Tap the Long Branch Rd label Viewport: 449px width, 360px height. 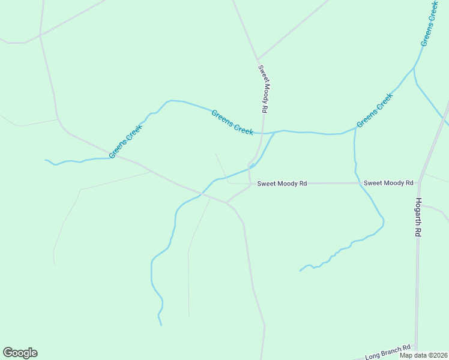coord(388,352)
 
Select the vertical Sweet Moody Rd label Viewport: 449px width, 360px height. coord(262,89)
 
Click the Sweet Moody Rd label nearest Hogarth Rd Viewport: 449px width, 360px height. coord(388,182)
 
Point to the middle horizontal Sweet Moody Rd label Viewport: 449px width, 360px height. coord(282,183)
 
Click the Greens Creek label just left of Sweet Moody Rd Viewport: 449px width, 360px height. coord(232,122)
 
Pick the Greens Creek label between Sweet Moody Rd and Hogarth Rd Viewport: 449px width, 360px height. coord(375,110)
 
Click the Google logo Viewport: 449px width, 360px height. coord(20,353)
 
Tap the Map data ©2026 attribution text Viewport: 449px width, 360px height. coord(424,355)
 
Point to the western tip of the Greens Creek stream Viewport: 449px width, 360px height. coord(46,160)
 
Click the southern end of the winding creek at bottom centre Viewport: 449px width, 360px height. coord(161,325)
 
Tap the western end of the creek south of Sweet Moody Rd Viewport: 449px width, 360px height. coord(300,271)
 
